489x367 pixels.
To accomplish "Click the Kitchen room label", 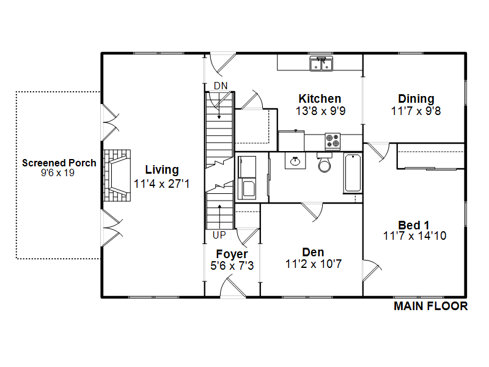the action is (x=320, y=98).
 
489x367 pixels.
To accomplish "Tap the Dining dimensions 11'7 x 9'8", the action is (x=416, y=111).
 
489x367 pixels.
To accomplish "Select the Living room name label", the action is (x=162, y=170).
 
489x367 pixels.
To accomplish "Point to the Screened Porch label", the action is (x=59, y=163).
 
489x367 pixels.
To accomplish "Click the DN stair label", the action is (x=221, y=86).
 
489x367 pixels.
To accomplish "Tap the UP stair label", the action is (x=219, y=235).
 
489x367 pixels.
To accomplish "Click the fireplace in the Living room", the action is (x=117, y=176).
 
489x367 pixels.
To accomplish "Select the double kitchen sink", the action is (x=322, y=64).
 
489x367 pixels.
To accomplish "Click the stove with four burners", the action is (x=333, y=141).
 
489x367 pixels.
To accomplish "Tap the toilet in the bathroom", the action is (x=325, y=162).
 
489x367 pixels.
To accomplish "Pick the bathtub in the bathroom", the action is (x=353, y=173).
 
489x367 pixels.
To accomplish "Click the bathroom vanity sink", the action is (x=295, y=161).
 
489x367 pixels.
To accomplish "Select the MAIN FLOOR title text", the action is (x=431, y=306).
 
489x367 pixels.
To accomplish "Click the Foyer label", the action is (x=232, y=254).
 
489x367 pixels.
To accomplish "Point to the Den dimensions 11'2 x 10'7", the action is (x=314, y=264).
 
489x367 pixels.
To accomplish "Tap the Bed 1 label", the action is (x=414, y=225).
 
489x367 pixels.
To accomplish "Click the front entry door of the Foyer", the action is (x=233, y=286).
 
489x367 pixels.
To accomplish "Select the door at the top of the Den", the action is (x=312, y=212).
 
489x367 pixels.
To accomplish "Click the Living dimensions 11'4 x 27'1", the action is (x=161, y=184).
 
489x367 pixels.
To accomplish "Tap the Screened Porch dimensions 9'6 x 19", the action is (x=57, y=173).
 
